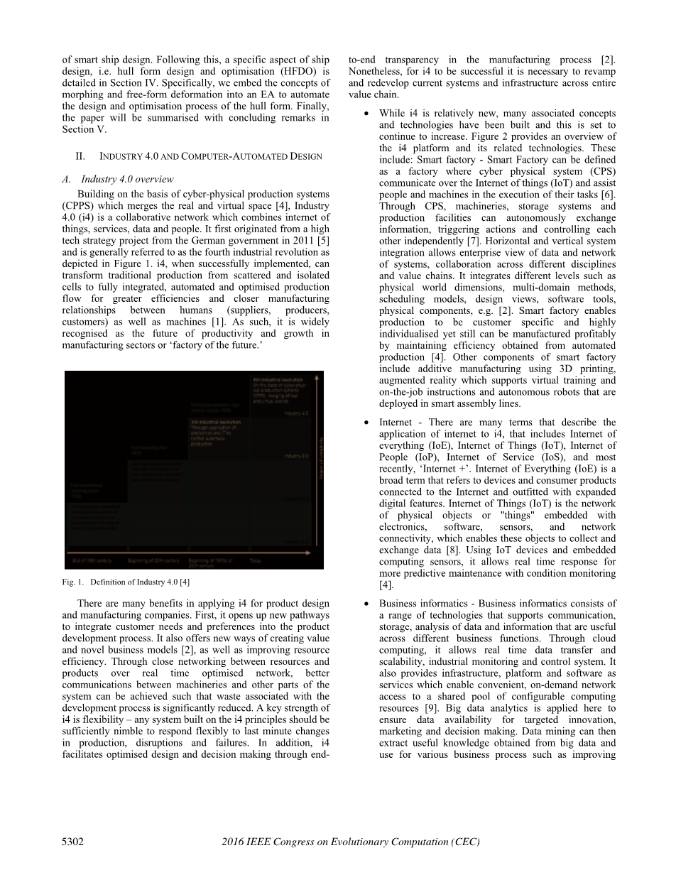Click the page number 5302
(x=73, y=842)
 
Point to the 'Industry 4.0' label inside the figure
(x=295, y=413)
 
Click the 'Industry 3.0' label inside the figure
(x=295, y=456)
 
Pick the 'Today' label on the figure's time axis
(x=256, y=561)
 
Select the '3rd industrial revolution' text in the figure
(x=215, y=422)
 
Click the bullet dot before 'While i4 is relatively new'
(x=365, y=114)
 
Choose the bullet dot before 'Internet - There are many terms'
(x=365, y=423)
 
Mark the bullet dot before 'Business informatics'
(x=365, y=604)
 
